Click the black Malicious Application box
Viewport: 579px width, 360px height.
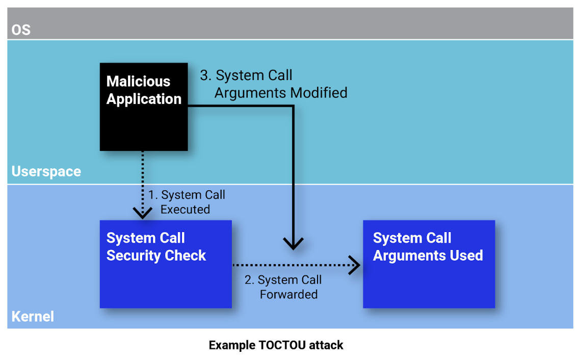144,107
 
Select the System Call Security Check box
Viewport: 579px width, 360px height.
166,264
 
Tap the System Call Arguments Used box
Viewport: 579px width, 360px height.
429,264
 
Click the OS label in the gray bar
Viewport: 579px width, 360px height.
21,30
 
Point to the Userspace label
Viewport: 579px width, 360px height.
46,171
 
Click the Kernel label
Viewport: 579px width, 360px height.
33,317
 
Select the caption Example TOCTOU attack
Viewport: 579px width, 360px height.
276,345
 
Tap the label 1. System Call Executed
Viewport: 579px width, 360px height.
187,202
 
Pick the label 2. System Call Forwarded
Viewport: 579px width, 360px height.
283,287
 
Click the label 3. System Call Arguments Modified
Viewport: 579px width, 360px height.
274,84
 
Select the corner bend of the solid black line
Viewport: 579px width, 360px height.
293,106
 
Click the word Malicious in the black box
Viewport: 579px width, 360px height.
138,82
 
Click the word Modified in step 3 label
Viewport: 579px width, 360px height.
319,93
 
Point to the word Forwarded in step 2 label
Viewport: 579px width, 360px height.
288,294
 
